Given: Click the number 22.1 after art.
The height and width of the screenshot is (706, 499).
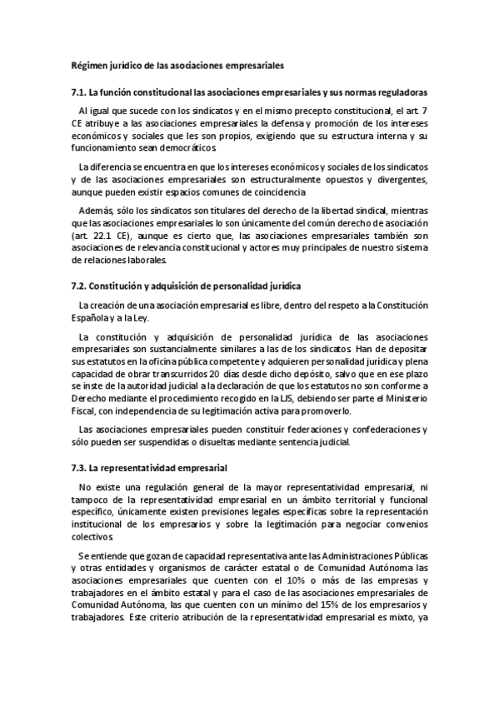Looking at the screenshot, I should click(x=104, y=236).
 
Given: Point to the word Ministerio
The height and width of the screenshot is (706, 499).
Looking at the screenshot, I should click(x=404, y=398).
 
